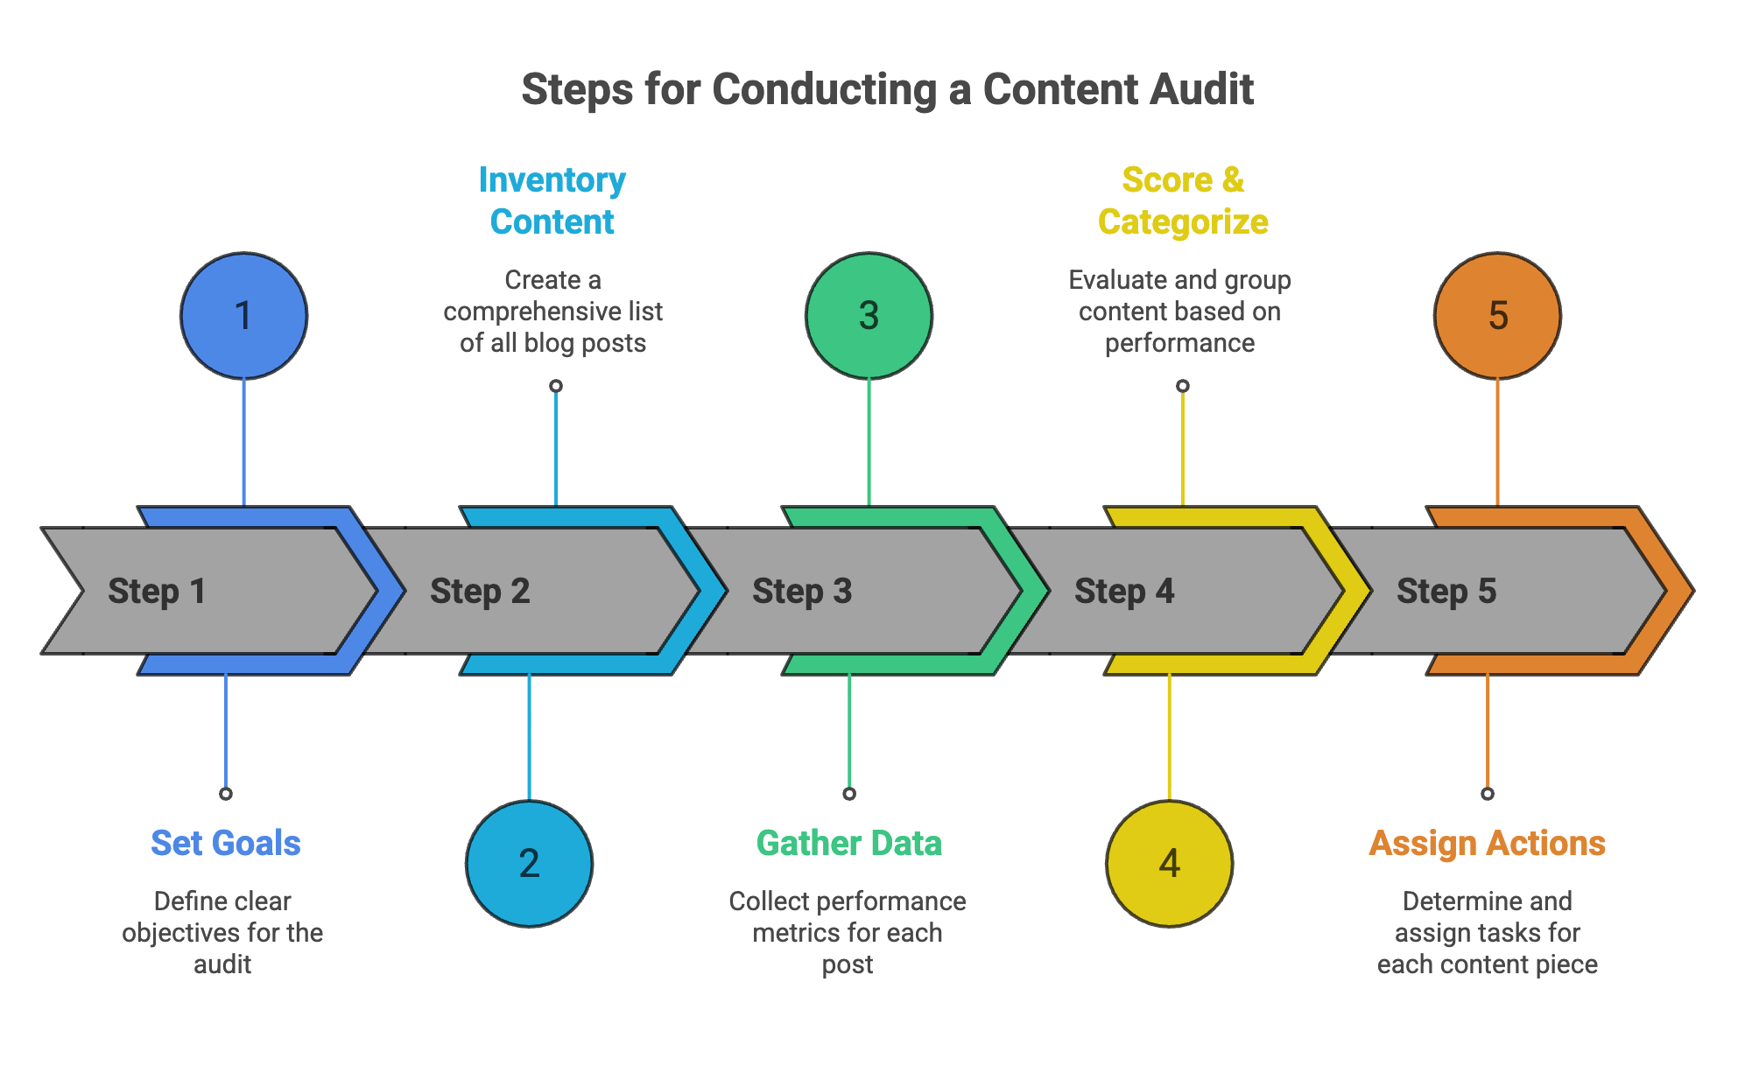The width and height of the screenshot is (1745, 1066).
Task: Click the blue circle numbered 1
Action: (x=243, y=316)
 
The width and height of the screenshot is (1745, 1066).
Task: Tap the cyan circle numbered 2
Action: (x=529, y=864)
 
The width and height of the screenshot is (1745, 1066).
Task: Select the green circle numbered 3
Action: (x=869, y=316)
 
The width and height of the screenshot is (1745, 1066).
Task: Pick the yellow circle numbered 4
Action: (x=1169, y=864)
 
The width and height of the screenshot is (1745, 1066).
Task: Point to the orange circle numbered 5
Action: (x=1497, y=316)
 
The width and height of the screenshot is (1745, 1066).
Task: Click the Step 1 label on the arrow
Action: (x=157, y=592)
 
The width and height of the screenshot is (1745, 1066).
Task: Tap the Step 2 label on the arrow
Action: (x=480, y=592)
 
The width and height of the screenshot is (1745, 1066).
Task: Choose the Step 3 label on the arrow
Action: (x=802, y=592)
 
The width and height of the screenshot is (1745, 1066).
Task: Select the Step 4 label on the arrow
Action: (x=1124, y=592)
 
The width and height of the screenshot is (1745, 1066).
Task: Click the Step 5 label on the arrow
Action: (x=1446, y=592)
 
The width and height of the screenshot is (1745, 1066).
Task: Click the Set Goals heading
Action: (x=225, y=844)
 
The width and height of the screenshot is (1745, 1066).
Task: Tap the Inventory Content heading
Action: (x=552, y=201)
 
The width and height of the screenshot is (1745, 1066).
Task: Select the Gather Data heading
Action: (x=848, y=844)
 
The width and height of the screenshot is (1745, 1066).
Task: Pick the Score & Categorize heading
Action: (x=1183, y=201)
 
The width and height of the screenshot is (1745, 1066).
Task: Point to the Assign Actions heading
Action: (x=1487, y=844)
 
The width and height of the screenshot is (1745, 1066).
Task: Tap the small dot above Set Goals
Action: (x=226, y=794)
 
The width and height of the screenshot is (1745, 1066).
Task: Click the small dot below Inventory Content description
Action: (x=555, y=386)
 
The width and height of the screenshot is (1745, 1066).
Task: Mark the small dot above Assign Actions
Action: (x=1487, y=794)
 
